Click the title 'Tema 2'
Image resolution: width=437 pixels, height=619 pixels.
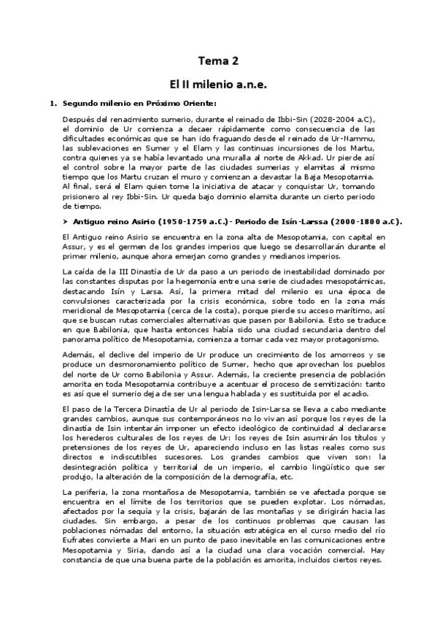pyautogui.click(x=218, y=61)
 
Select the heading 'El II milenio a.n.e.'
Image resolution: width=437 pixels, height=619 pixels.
pyautogui.click(x=218, y=85)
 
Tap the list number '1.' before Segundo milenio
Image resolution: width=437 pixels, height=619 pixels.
pyautogui.click(x=53, y=103)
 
